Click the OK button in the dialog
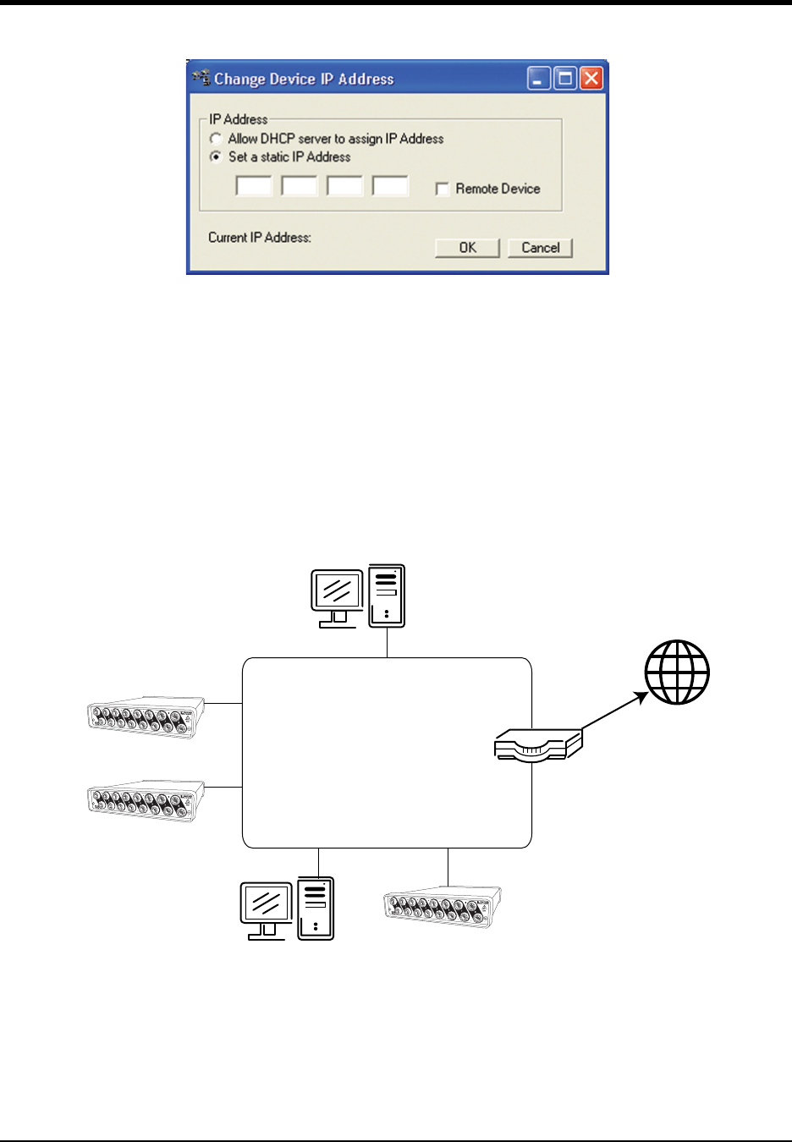(467, 247)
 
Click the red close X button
(591, 79)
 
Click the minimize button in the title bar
(539, 79)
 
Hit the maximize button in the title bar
(565, 79)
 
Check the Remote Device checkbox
(442, 189)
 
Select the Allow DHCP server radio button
(217, 139)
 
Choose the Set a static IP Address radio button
(217, 156)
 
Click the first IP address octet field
(253, 186)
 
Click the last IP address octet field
(390, 186)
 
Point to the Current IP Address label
(260, 238)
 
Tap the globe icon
(677, 673)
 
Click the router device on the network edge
(537, 744)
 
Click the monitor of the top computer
(337, 593)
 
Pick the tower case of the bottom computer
(316, 909)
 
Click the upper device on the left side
(146, 717)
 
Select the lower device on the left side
(146, 801)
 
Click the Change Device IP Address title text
(304, 80)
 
